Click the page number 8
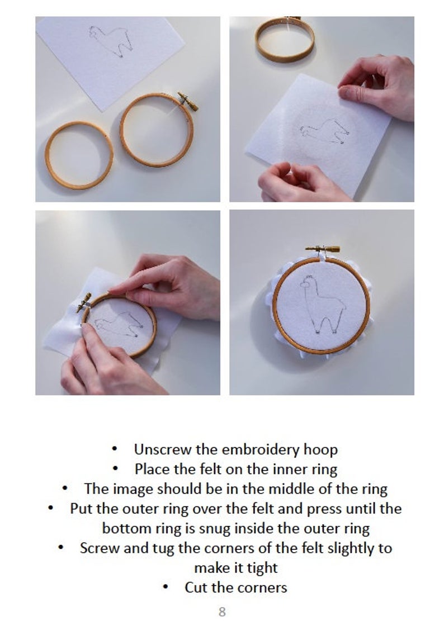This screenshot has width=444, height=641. click(222, 611)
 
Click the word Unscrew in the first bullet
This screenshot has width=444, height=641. click(163, 449)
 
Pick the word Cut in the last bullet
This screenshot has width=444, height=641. click(196, 587)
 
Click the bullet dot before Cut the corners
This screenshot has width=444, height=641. click(166, 587)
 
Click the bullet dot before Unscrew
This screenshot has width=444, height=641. click(115, 449)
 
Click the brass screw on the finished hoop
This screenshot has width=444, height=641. click(323, 249)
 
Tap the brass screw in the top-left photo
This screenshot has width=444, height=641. click(187, 101)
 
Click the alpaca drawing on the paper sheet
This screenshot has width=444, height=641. click(111, 41)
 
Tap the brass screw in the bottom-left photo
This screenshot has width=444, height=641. click(84, 302)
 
